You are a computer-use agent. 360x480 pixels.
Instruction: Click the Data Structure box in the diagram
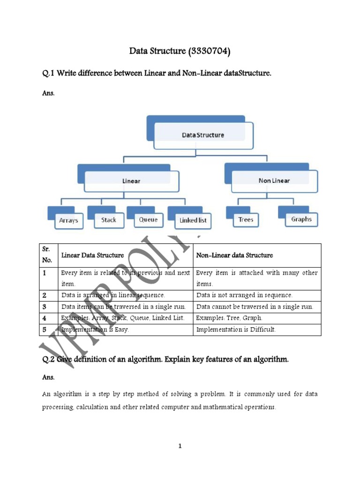202,135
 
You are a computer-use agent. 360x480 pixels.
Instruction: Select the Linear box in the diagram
131,180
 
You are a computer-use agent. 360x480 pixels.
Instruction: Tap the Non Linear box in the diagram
274,180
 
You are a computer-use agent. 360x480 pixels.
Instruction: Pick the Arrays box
68,220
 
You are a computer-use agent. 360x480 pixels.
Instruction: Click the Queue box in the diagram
148,219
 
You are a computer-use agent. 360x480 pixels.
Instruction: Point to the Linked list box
192,220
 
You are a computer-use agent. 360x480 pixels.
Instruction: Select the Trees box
245,219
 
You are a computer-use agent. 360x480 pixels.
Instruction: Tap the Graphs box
301,219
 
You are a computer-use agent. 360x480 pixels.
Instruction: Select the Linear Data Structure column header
93,255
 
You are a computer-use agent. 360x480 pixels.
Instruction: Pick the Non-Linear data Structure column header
234,255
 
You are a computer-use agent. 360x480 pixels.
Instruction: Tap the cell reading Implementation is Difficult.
236,330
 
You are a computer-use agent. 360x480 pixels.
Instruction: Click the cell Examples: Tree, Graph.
229,318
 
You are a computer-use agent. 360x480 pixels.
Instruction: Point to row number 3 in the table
45,307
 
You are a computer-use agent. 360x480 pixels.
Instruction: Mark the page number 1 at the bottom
180,446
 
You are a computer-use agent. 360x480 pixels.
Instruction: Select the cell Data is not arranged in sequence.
244,295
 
